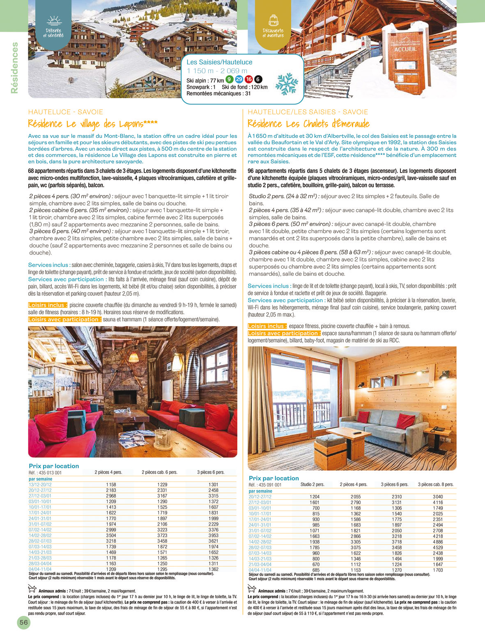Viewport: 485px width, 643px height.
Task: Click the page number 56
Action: pyautogui.click(x=24, y=622)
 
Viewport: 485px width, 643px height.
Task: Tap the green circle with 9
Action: pyautogui.click(x=230, y=79)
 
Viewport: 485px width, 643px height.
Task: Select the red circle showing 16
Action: pyautogui.click(x=248, y=79)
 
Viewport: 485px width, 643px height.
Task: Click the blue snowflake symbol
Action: pyautogui.click(x=286, y=84)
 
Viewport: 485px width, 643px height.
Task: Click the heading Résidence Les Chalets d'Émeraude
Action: pyautogui.click(x=308, y=124)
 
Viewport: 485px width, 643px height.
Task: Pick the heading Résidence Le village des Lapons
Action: pyautogui.click(x=93, y=124)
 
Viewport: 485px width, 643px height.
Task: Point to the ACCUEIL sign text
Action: pyautogui.click(x=405, y=49)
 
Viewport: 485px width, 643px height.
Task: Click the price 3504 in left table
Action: pyautogui.click(x=111, y=535)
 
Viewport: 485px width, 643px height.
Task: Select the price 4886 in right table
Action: pyautogui.click(x=438, y=542)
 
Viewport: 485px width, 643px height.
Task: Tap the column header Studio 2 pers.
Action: pyautogui.click(x=312, y=484)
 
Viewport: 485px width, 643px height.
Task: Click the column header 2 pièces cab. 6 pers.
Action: pyautogui.click(x=159, y=472)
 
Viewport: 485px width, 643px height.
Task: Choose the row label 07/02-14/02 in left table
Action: pyautogui.click(x=40, y=530)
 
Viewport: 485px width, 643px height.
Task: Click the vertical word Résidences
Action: pyautogui.click(x=15, y=68)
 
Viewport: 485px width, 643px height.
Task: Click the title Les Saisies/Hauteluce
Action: pyautogui.click(x=219, y=62)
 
